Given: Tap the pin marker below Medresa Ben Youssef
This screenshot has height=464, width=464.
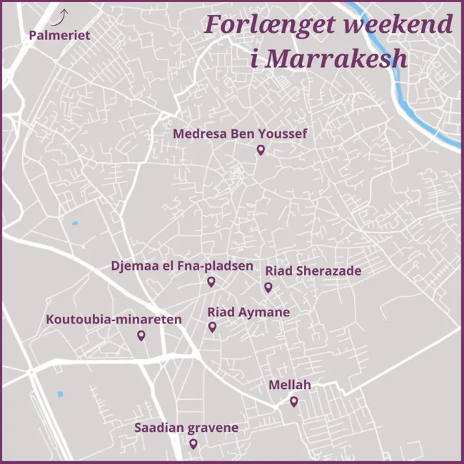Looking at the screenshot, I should [261, 150].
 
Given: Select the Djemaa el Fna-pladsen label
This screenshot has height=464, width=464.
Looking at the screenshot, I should [182, 266].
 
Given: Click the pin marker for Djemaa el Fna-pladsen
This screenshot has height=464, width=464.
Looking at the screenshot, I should [211, 281].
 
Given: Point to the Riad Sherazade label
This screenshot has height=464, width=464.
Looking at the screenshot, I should [313, 271].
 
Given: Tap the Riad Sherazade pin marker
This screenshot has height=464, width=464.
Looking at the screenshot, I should [268, 287].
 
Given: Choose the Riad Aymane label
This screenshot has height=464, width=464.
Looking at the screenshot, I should [248, 312].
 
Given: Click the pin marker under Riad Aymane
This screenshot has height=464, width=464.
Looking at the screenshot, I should [212, 327].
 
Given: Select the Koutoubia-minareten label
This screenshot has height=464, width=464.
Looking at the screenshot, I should [114, 319].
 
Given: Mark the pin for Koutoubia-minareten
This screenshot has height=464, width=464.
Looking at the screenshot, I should [141, 336].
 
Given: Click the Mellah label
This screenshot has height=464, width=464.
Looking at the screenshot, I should [290, 385].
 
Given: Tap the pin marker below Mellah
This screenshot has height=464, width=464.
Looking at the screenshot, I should [293, 402].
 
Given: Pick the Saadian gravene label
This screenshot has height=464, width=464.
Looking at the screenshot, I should [186, 428].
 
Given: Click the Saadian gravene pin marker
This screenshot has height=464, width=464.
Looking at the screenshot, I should [193, 443].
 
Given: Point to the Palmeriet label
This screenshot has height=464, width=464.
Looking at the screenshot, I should [60, 35].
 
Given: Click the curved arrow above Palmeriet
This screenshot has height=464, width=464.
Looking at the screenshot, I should [63, 15].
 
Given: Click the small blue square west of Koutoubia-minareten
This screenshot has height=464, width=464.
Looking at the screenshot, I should [74, 223].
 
